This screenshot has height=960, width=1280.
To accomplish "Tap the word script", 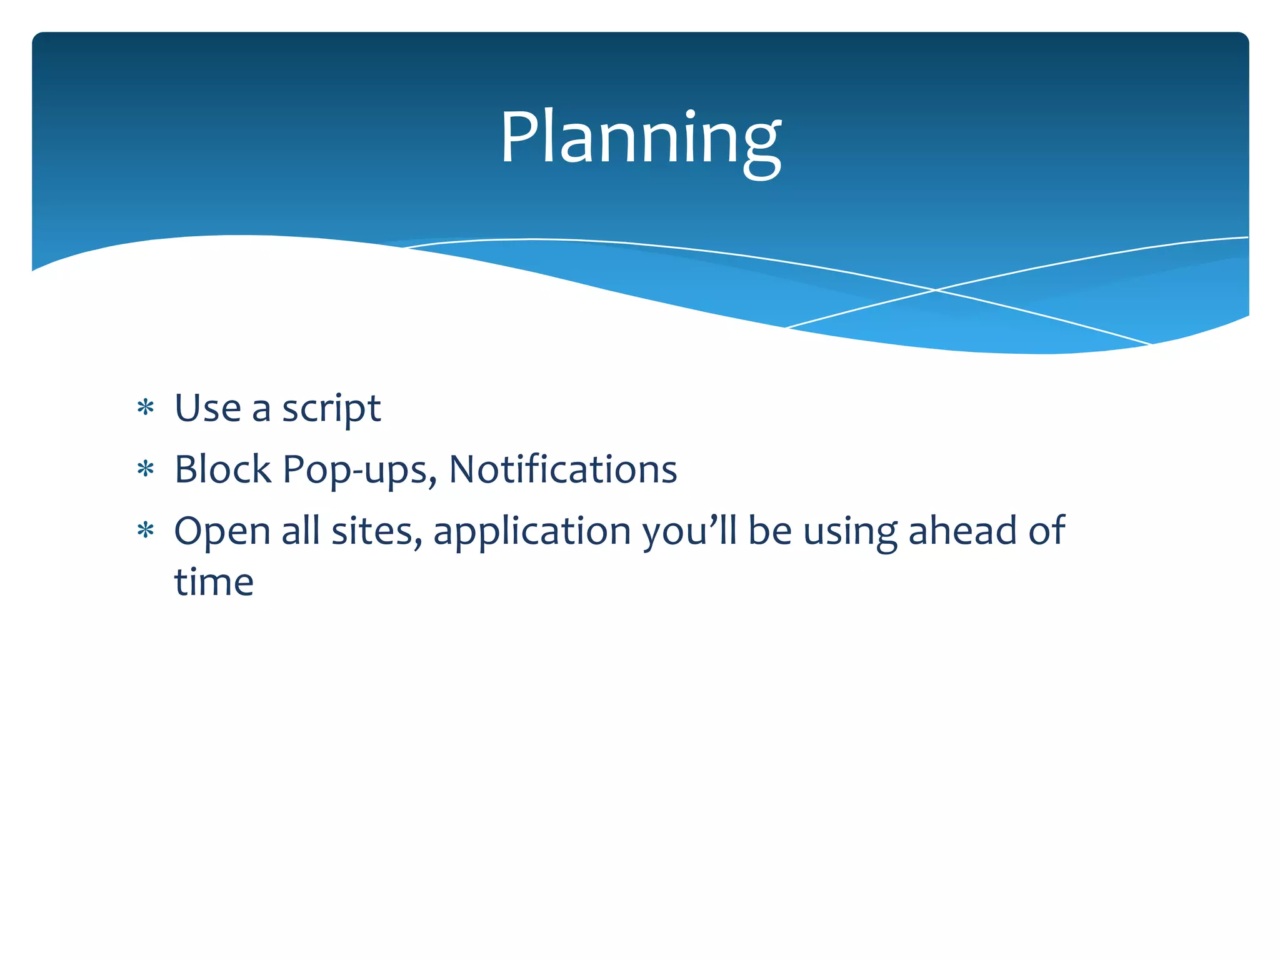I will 331,409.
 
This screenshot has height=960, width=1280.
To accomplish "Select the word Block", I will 222,469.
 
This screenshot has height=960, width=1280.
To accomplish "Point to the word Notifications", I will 562,469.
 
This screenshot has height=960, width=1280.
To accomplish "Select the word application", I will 532,532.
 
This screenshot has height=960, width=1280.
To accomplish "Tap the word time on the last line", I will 214,582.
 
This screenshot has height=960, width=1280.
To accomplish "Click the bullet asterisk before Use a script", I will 146,408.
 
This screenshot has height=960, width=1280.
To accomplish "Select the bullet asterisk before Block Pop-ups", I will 146,469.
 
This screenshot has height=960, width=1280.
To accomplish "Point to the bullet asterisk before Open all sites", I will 146,531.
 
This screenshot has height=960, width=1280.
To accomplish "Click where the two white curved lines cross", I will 936,290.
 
